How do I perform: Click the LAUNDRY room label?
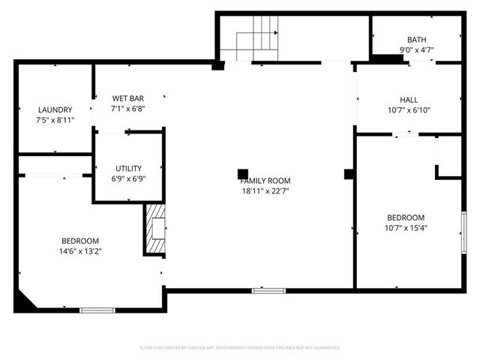(54, 109)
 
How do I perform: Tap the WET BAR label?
(127, 98)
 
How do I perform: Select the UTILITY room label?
(128, 168)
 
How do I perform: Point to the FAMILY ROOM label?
(265, 181)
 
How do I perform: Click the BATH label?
(417, 40)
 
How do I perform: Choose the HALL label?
(409, 100)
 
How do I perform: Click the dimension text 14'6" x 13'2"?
(81, 251)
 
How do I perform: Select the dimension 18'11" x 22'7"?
(265, 190)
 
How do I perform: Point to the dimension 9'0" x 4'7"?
(417, 50)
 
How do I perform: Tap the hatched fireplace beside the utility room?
(154, 229)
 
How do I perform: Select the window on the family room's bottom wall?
(268, 290)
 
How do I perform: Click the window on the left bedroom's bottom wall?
(97, 310)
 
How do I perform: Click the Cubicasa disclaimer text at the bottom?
(240, 348)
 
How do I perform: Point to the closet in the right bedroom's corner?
(448, 157)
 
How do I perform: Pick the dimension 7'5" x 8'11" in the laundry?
(54, 119)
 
